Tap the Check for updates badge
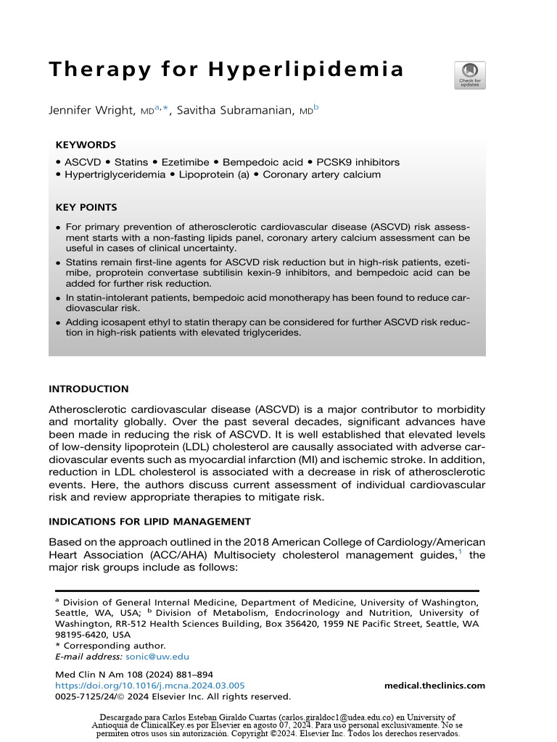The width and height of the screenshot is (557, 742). click(470, 75)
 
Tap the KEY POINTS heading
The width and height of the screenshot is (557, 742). click(88, 207)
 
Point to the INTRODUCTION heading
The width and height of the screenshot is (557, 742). click(88, 389)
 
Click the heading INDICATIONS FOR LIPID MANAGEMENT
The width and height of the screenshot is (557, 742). click(149, 521)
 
